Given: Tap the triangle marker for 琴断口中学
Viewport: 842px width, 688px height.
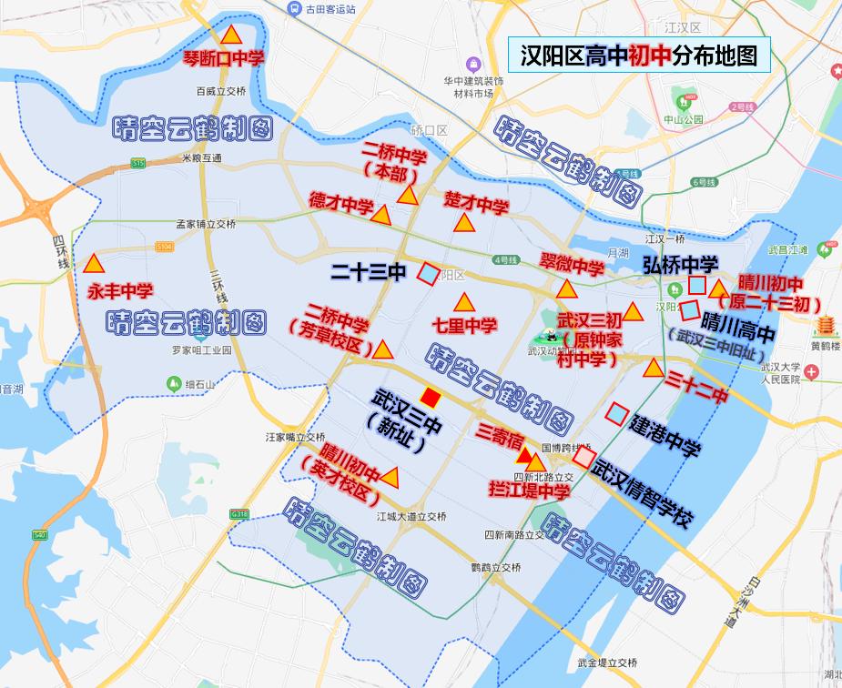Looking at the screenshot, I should [x=232, y=36].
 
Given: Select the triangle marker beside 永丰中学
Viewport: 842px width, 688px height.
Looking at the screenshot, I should [x=93, y=265].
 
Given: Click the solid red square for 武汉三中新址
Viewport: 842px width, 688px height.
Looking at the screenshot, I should [x=431, y=398].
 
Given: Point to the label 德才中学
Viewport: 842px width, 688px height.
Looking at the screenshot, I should [x=340, y=202].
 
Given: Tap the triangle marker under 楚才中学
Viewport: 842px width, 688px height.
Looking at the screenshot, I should [x=464, y=223].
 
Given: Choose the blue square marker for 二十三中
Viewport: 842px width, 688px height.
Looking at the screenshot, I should [x=428, y=273].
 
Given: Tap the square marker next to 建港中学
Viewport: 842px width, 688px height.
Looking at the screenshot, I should [x=617, y=415].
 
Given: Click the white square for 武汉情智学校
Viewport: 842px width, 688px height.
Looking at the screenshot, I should [x=583, y=458].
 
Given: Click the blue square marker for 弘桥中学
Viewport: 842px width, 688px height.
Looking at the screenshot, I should [x=696, y=285].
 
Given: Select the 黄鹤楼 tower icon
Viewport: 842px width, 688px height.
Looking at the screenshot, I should [x=827, y=325].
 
